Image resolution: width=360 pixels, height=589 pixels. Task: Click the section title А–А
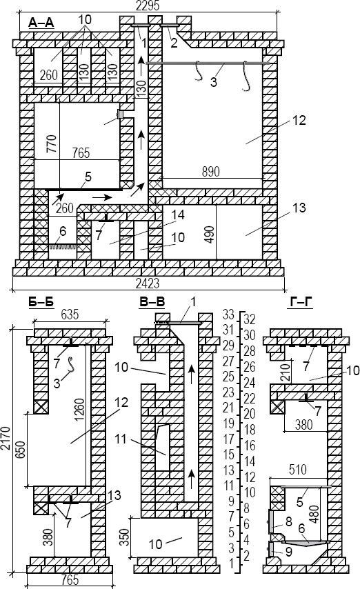tap(41, 23)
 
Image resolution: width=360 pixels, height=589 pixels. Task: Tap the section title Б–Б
tap(41, 301)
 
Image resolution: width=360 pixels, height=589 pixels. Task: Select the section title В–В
tap(152, 301)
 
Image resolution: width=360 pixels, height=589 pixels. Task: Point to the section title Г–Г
tap(300, 301)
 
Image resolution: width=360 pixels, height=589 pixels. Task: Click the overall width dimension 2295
tap(148, 6)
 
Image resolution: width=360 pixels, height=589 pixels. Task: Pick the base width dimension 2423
tap(148, 283)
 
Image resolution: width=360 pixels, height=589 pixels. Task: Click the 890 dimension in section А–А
tap(211, 171)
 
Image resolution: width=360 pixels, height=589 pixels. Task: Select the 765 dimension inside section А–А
tap(81, 153)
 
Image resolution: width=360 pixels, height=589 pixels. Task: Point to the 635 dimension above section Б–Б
tap(70, 314)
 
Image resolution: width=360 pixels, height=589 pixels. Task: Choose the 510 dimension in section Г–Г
tap(298, 470)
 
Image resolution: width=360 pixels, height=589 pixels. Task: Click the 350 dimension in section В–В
tap(126, 537)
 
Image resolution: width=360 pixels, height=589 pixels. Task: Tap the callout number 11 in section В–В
tap(120, 439)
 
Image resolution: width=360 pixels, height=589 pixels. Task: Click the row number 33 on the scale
tap(228, 313)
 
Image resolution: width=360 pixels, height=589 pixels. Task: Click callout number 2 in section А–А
tap(174, 43)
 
